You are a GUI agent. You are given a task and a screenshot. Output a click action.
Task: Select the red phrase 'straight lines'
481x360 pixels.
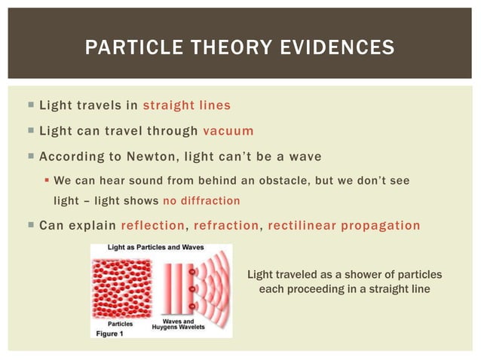(x=187, y=105)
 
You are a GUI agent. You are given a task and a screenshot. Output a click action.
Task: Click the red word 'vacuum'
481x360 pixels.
(x=228, y=130)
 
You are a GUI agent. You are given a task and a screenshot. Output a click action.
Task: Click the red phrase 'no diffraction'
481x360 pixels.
(x=201, y=201)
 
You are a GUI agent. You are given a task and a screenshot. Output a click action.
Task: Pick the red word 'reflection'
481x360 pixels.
(x=153, y=226)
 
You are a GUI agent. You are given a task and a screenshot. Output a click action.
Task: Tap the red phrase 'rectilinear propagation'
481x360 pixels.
(x=344, y=226)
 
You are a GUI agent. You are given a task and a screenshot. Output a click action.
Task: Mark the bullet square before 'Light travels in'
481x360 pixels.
(x=29, y=105)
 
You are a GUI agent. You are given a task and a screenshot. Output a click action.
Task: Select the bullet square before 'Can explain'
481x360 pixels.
(x=29, y=226)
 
